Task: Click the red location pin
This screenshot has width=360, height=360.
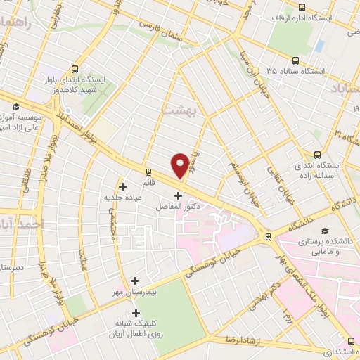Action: pos(181,165)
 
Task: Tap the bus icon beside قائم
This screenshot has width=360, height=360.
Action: pos(148,171)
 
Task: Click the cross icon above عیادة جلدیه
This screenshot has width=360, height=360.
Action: pos(123,186)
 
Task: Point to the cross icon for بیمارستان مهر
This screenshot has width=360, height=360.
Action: pos(134,280)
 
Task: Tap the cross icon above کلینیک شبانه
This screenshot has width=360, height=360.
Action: pos(136,313)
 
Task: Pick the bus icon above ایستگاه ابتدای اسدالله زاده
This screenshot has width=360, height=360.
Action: pos(317,155)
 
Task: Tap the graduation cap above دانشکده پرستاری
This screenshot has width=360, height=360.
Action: pos(324,231)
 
